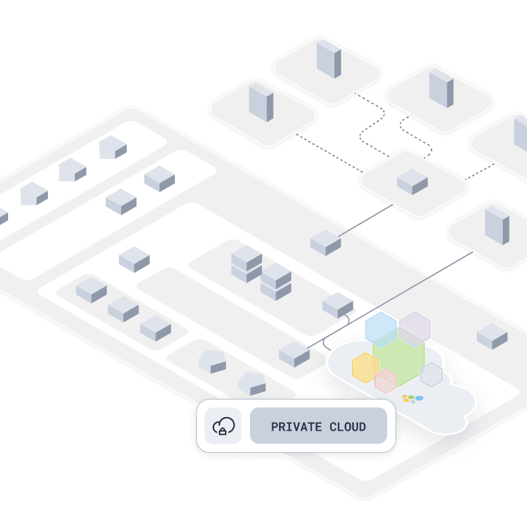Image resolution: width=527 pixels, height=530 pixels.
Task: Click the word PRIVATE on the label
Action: click(x=295, y=427)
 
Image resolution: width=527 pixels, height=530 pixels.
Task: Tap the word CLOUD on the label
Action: click(x=347, y=427)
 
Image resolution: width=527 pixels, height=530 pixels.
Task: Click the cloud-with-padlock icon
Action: click(x=223, y=427)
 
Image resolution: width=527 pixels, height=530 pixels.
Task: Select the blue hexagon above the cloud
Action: click(x=381, y=329)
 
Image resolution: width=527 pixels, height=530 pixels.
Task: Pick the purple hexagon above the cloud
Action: click(x=415, y=328)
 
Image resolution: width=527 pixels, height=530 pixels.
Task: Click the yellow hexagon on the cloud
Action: click(x=365, y=368)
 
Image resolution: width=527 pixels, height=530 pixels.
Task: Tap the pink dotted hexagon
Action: click(x=386, y=381)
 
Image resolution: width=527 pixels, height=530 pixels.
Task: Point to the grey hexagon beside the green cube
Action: click(x=431, y=375)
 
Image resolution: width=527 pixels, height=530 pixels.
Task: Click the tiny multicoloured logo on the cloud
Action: click(x=412, y=398)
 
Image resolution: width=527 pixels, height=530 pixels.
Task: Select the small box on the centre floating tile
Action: click(x=412, y=182)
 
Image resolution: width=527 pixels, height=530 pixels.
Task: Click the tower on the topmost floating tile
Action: click(x=329, y=59)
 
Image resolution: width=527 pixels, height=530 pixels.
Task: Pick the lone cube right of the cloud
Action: click(x=492, y=336)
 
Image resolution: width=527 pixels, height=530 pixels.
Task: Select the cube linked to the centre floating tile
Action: click(x=326, y=243)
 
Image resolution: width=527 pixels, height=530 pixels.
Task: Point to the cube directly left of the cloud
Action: click(x=295, y=354)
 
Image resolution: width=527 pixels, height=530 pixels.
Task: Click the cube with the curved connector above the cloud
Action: click(x=338, y=306)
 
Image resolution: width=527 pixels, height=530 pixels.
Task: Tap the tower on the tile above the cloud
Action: click(x=497, y=224)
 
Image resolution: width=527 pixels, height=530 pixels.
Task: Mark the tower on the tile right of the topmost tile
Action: click(x=441, y=88)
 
